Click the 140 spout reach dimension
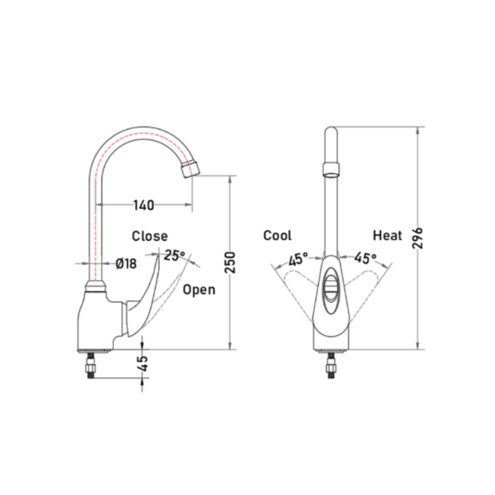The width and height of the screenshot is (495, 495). click(143, 205)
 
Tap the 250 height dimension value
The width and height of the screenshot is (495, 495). click(230, 262)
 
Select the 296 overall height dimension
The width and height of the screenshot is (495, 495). click(418, 238)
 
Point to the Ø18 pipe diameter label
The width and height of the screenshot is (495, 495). click(126, 263)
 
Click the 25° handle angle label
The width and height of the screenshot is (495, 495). click(174, 255)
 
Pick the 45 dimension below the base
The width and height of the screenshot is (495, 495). click(143, 363)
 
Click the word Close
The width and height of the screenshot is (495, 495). click(149, 236)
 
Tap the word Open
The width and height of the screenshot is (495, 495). click(199, 290)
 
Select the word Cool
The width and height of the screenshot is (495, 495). click(277, 236)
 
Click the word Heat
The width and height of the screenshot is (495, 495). click(387, 236)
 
